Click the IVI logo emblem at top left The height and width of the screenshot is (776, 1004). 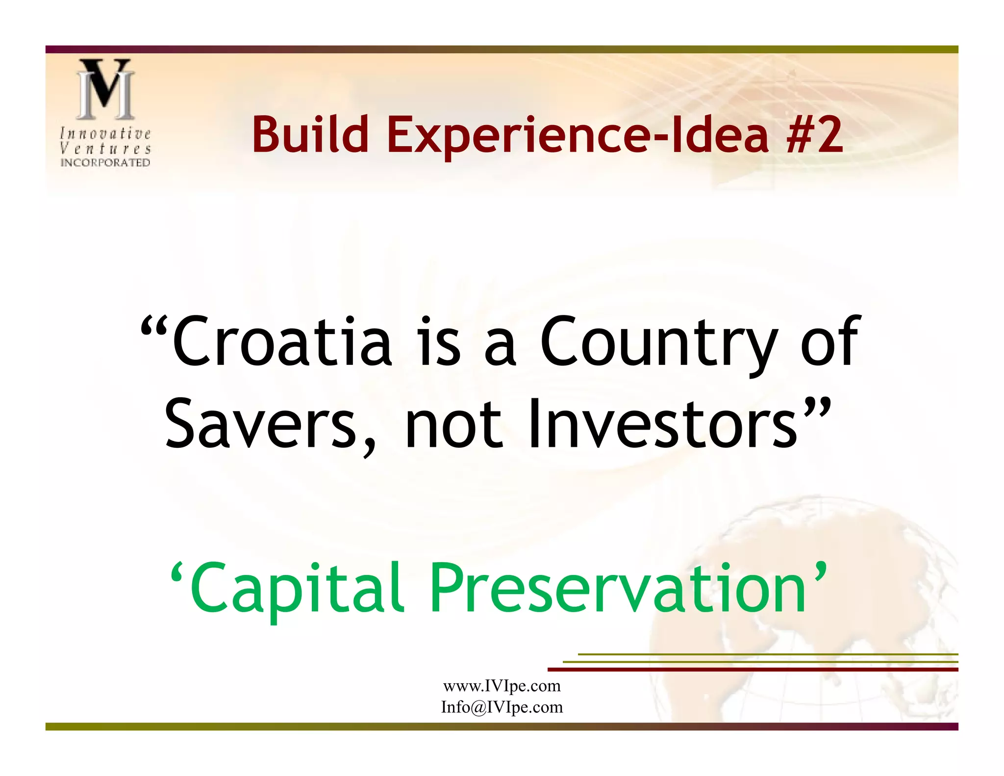(x=105, y=89)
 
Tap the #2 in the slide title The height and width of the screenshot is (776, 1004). (x=814, y=134)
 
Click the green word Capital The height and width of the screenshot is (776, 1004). (x=297, y=588)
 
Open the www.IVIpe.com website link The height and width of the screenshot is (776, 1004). (x=502, y=686)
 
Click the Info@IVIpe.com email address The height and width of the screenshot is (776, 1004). (x=502, y=707)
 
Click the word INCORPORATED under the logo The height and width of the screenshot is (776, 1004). (x=105, y=162)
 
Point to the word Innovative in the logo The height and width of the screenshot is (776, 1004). (x=105, y=133)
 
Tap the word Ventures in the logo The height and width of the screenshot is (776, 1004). (x=105, y=148)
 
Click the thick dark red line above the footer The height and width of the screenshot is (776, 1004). (x=752, y=669)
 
